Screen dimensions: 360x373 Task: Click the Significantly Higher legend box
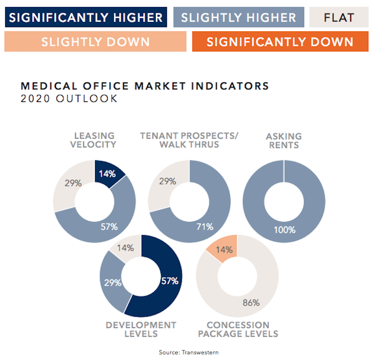[x=86, y=18]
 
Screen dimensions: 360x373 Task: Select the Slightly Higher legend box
[x=238, y=18]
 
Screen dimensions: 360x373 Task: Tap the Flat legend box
[x=338, y=18]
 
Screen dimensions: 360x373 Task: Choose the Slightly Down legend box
[x=96, y=41]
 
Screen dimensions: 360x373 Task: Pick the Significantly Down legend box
[x=280, y=41]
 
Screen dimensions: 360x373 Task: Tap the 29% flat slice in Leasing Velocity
[x=73, y=183]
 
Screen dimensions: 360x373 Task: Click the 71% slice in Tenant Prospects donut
[x=205, y=227]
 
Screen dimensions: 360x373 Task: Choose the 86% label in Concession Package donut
[x=250, y=302]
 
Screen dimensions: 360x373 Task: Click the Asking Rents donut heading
[x=283, y=140]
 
